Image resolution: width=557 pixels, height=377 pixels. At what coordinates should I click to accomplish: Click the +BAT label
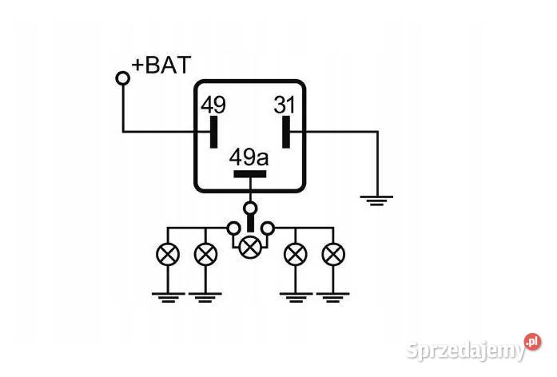[x=161, y=65]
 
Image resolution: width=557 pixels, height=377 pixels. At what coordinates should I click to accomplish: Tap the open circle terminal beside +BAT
[x=123, y=78]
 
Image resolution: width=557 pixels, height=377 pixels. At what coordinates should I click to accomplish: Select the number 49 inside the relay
[x=213, y=105]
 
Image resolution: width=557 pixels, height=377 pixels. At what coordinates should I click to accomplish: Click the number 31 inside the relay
[x=284, y=105]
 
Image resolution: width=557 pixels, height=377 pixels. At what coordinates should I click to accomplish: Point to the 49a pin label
[x=249, y=157]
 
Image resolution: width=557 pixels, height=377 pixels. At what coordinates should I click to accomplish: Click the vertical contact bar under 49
[x=213, y=132]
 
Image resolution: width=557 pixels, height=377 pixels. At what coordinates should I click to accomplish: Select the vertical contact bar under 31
[x=286, y=132]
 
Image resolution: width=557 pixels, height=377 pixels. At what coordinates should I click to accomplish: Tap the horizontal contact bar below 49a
[x=249, y=174]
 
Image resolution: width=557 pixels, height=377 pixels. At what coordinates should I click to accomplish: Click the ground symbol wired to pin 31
[x=376, y=200]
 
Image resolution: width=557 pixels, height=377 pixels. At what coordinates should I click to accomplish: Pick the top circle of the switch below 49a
[x=250, y=208]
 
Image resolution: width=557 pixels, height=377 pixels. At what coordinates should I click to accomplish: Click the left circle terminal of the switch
[x=233, y=228]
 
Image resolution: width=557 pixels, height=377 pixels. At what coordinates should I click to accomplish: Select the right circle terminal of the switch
[x=268, y=228]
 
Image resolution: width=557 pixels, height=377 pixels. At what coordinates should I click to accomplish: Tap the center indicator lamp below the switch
[x=250, y=247]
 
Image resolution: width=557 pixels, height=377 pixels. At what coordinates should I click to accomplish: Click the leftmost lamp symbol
[x=168, y=254]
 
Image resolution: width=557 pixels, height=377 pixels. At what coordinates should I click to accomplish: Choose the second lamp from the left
[x=205, y=254]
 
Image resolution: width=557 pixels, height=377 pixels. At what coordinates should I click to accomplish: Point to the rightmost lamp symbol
[x=333, y=254]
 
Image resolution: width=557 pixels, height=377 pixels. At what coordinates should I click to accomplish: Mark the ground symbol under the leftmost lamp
[x=169, y=297]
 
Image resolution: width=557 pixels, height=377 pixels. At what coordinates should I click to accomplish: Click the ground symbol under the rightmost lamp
[x=333, y=297]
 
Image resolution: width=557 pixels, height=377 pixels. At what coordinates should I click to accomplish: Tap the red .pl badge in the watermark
[x=532, y=342]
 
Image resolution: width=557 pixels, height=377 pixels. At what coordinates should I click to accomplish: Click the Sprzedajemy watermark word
[x=465, y=351]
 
